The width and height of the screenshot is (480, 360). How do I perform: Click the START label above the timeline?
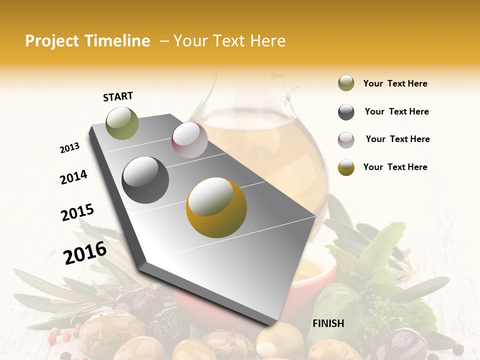click(x=118, y=96)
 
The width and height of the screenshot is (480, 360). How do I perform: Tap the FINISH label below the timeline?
click(x=328, y=323)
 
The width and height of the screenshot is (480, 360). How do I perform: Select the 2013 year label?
click(x=69, y=148)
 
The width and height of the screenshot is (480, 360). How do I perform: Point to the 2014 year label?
click(x=73, y=177)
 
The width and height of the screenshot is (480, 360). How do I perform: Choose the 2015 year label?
click(x=77, y=212)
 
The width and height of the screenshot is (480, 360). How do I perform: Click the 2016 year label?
click(x=85, y=252)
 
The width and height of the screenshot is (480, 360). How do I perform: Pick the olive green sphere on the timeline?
click(x=122, y=123)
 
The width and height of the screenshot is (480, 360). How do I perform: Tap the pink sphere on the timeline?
click(x=189, y=140)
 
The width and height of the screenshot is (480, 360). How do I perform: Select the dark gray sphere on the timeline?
click(x=145, y=179)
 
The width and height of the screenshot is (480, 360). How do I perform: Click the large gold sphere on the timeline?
click(x=216, y=207)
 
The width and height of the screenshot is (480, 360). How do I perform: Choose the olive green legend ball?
click(x=346, y=83)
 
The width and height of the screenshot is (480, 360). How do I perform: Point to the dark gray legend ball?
click(x=346, y=112)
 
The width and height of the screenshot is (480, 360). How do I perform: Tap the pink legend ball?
click(x=346, y=139)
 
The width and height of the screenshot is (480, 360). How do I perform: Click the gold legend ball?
click(x=346, y=167)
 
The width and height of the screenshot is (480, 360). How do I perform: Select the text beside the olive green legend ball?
click(x=395, y=83)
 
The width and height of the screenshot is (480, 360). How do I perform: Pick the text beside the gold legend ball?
click(x=395, y=167)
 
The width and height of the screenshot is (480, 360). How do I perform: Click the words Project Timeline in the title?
click(x=87, y=41)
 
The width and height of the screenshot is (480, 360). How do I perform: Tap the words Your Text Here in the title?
click(x=229, y=41)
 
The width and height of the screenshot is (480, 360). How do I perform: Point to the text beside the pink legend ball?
click(x=397, y=139)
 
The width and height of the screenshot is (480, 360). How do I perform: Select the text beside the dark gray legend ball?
click(x=396, y=111)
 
